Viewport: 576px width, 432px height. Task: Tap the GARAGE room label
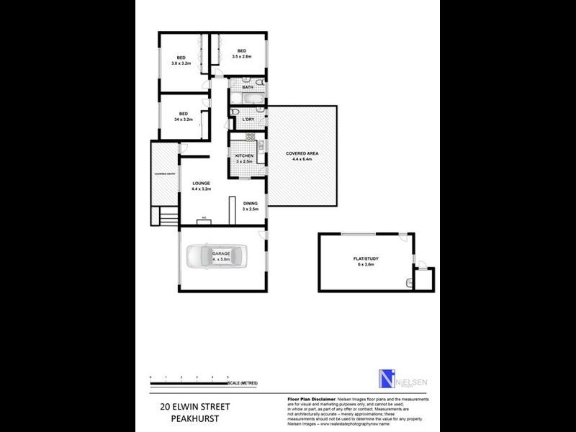coord(220,254)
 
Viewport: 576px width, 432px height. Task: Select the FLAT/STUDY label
coord(370,260)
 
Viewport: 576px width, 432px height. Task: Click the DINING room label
coord(250,204)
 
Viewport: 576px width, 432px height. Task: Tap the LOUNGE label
coord(201,184)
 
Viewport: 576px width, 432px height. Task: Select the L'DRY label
coord(248,119)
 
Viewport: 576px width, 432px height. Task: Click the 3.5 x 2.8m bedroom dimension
coord(242,56)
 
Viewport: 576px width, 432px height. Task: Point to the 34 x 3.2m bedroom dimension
coord(184,120)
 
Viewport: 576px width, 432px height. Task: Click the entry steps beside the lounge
coord(166,215)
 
